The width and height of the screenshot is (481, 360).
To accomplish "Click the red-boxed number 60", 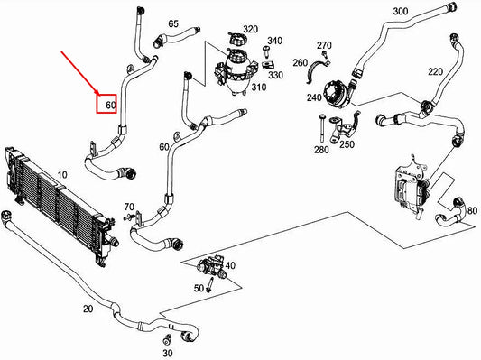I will point(110,106).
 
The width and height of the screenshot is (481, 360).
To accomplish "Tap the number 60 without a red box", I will point(163,146).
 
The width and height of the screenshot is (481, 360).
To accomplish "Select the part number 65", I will point(173,23).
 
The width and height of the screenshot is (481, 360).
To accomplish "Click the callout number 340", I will point(275,41).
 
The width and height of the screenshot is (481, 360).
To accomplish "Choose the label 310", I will point(258,88).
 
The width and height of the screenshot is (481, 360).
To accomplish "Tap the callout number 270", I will point(325,44).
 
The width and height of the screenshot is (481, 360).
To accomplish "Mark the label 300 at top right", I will point(400,11).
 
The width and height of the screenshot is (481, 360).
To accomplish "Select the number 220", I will point(435,71).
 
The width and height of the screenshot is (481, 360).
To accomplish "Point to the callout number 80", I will point(462,200).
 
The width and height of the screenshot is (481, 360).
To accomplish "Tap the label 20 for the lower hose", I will point(88,309).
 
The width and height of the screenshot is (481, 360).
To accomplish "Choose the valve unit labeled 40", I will point(211,268).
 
